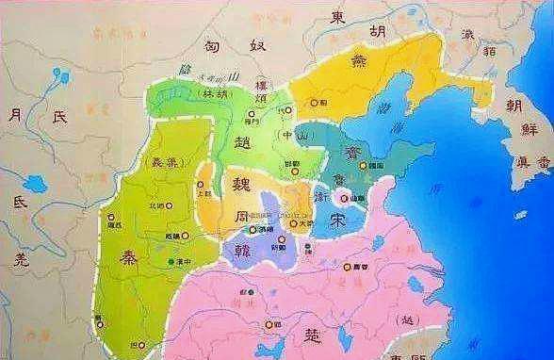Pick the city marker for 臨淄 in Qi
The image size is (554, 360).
click(365, 166)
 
